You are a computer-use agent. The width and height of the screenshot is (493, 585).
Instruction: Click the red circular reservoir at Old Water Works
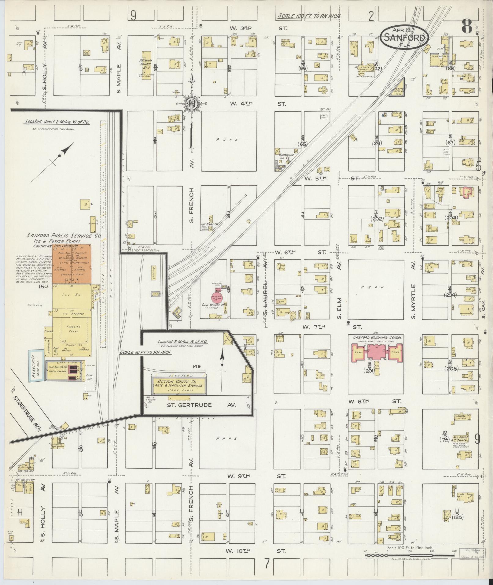[x=217, y=298]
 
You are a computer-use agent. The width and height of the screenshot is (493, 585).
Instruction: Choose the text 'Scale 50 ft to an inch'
[x=145, y=352]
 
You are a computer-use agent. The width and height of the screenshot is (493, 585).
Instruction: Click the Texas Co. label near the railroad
[x=209, y=224]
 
